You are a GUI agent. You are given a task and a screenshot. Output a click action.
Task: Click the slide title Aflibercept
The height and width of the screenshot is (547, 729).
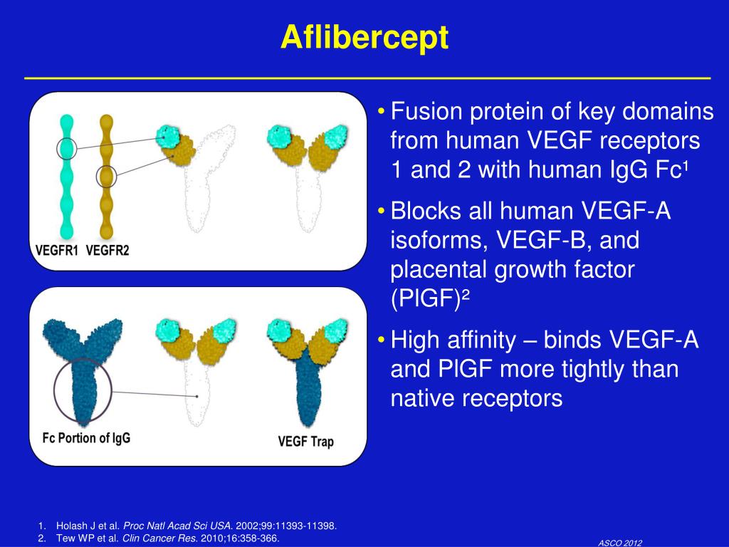point(364,37)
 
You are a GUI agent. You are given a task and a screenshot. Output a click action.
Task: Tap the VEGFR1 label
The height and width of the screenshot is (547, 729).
point(56,251)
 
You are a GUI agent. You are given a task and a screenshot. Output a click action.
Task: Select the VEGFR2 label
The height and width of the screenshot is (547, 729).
point(107,251)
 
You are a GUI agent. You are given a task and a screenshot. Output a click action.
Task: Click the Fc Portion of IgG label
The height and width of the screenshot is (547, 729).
point(86,438)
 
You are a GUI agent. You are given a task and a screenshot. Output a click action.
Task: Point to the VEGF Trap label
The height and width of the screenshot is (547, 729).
point(305,441)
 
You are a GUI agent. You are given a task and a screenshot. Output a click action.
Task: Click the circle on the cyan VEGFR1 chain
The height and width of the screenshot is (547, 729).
point(57,149)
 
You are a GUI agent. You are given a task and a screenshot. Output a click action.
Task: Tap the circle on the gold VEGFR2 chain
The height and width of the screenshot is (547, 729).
point(97,177)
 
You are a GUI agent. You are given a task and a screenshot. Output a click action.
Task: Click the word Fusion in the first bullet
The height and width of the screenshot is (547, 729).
point(426,112)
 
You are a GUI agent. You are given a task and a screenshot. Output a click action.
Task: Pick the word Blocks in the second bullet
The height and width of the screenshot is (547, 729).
point(426,211)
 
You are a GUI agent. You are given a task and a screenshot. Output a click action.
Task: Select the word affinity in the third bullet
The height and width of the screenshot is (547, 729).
point(482,340)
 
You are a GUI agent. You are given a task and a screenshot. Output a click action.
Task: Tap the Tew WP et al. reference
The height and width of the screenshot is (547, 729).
point(168,538)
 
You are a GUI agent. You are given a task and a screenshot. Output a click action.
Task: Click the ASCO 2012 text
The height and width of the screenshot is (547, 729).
point(620,543)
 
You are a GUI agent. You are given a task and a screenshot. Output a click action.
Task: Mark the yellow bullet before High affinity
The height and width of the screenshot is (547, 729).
point(382,340)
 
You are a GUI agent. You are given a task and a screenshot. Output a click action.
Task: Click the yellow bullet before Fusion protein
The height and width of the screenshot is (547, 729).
point(382,112)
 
